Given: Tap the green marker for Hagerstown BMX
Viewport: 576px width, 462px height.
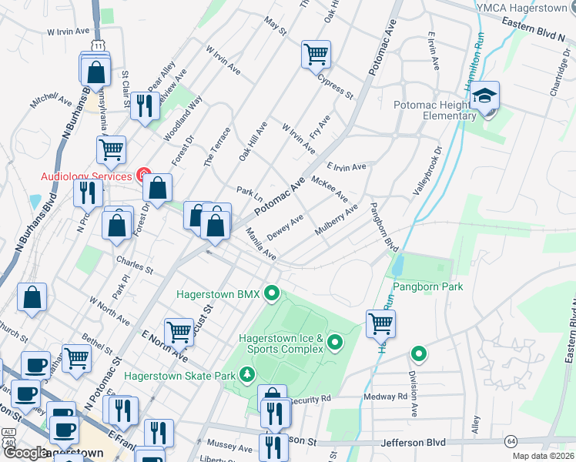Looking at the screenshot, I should [271, 293].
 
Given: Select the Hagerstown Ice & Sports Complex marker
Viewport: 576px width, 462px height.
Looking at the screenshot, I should [335, 342].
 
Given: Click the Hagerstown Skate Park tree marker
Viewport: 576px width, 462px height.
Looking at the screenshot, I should [246, 375].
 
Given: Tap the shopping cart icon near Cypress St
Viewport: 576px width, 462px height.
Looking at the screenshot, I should [316, 55].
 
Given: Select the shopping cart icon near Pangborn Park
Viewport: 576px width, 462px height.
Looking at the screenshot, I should [380, 323].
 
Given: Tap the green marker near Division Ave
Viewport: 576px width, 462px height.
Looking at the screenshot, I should [419, 355].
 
